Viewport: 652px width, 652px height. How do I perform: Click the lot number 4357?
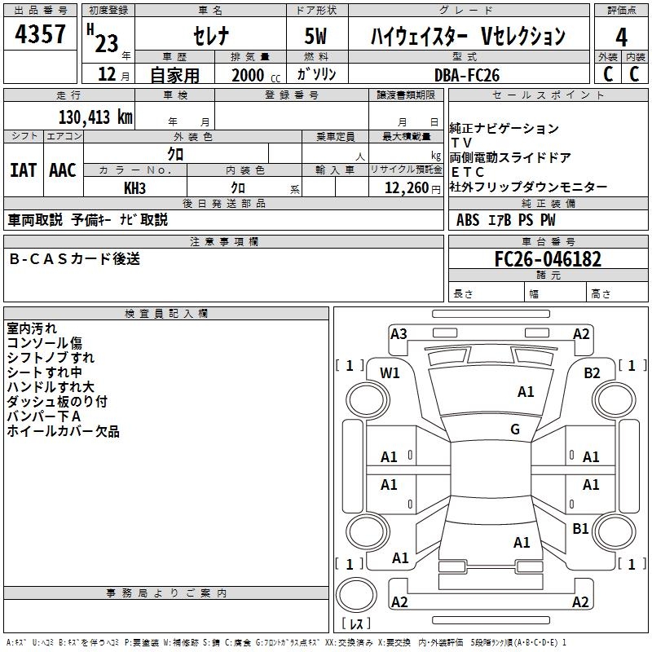41,37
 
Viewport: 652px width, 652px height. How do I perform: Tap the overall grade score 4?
621,37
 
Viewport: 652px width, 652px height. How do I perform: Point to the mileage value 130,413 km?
95,117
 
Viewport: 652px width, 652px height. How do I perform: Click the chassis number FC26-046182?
548,260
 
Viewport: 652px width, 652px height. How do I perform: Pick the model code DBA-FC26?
467,75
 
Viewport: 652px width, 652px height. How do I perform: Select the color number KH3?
134,188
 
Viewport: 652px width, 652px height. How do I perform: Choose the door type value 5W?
316,36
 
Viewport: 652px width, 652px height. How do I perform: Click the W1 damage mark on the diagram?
390,372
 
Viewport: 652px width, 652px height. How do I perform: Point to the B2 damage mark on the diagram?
592,372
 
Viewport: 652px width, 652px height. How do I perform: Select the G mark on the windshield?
515,430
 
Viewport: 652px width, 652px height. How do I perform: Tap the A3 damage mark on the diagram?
399,333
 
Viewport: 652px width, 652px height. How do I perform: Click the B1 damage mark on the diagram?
580,529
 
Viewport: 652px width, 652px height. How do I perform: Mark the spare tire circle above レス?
355,595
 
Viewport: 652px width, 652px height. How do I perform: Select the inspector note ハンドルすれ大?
51,387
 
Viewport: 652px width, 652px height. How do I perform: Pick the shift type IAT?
23,170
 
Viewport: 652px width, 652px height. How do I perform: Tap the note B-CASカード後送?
75,259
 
